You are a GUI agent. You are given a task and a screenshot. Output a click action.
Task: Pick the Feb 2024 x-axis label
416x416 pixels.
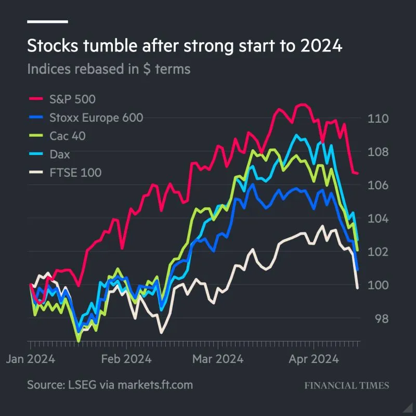coord(126,359)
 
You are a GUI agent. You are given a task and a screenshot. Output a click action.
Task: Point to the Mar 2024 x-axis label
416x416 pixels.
coord(218,359)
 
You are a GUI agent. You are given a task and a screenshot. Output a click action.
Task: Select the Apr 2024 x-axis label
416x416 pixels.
coord(313,359)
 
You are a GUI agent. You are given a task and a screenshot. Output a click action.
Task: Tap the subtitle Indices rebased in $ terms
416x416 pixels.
coord(109,69)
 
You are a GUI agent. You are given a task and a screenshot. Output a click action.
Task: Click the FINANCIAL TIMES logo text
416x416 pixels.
coord(346,386)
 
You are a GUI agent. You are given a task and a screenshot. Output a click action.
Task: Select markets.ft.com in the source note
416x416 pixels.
coord(155,385)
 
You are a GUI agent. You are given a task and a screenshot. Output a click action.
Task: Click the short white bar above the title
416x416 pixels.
coord(47,22)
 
